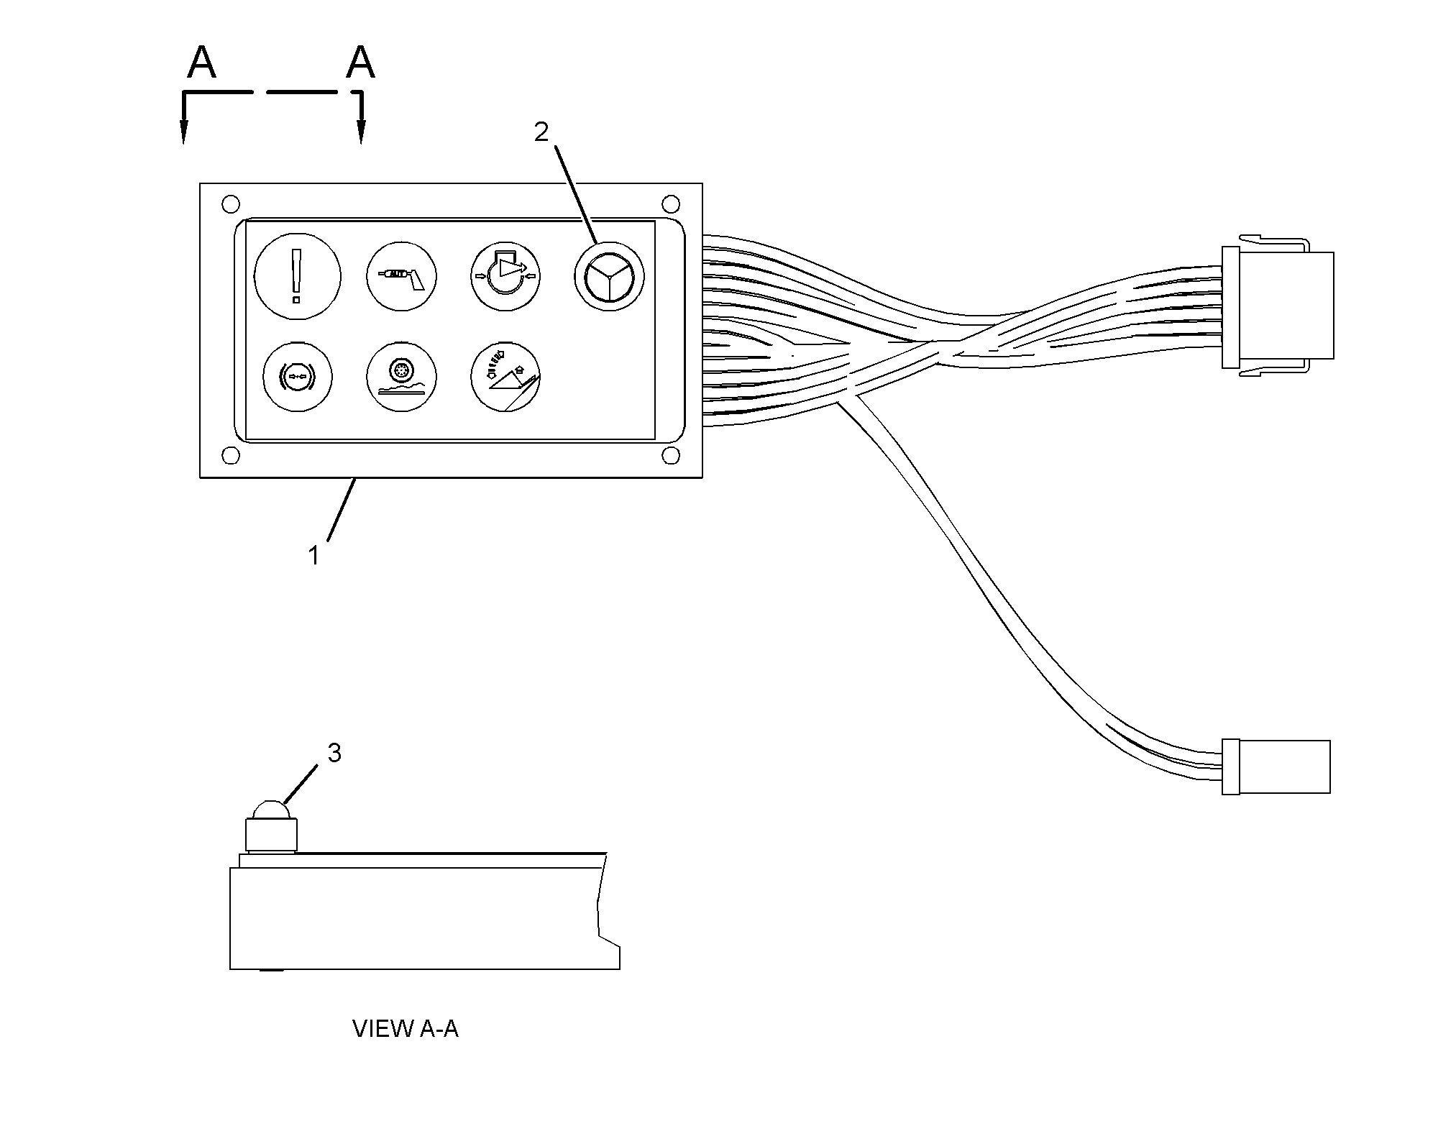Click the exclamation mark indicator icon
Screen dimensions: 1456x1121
[298, 275]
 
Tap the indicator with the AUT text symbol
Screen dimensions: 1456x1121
[402, 276]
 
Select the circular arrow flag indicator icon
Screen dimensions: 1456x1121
[505, 276]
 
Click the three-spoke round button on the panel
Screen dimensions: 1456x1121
[609, 276]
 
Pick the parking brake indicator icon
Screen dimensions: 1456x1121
[298, 377]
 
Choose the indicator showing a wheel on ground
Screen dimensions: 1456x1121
[402, 377]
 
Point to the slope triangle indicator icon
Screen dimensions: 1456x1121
[505, 377]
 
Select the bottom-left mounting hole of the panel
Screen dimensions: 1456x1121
[231, 456]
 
